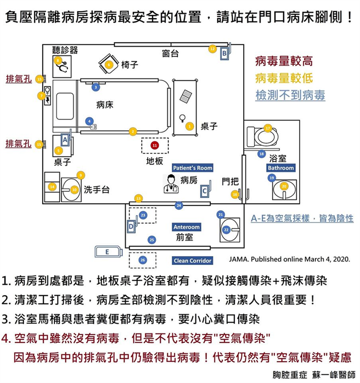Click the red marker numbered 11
(155, 145)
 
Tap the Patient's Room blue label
(192, 168)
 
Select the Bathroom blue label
(280, 168)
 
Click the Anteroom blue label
(186, 227)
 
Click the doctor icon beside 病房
(171, 183)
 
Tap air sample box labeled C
(205, 190)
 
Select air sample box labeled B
(224, 53)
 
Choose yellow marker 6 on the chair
(109, 65)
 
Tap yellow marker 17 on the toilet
(267, 128)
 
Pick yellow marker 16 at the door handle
(235, 194)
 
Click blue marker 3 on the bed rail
(96, 87)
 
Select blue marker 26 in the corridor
(143, 259)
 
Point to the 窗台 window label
(171, 54)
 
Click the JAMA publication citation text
(289, 258)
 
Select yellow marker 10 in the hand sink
(74, 189)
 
